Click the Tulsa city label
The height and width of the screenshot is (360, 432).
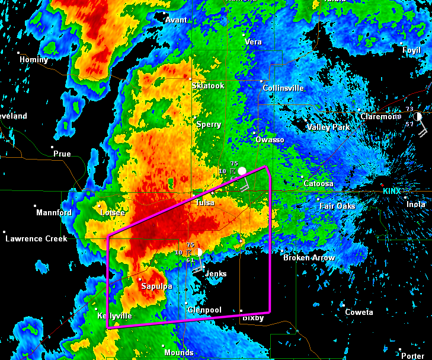(x=205, y=203)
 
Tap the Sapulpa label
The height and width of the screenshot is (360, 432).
(x=156, y=286)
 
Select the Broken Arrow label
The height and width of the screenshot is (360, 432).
(x=309, y=257)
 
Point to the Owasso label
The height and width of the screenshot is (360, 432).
(x=270, y=139)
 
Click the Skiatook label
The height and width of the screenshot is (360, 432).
(x=209, y=86)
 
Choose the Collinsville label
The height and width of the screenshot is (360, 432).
(x=283, y=88)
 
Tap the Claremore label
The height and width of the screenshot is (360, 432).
(x=379, y=117)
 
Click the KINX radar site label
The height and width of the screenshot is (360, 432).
(x=392, y=191)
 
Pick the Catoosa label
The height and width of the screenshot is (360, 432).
(x=319, y=184)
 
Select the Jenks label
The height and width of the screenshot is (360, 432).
(x=216, y=274)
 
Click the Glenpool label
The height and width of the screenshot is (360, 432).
(x=204, y=310)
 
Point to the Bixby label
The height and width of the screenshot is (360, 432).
(x=252, y=318)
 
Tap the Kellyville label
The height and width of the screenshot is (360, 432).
(x=114, y=316)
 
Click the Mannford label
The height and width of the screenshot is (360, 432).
(x=54, y=212)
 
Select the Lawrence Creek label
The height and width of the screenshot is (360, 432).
(x=36, y=238)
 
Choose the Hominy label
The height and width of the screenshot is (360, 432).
(x=34, y=59)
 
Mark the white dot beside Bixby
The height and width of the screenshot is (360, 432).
(x=241, y=310)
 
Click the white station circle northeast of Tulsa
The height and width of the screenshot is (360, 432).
(x=242, y=171)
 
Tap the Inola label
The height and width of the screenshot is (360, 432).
(x=415, y=204)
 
